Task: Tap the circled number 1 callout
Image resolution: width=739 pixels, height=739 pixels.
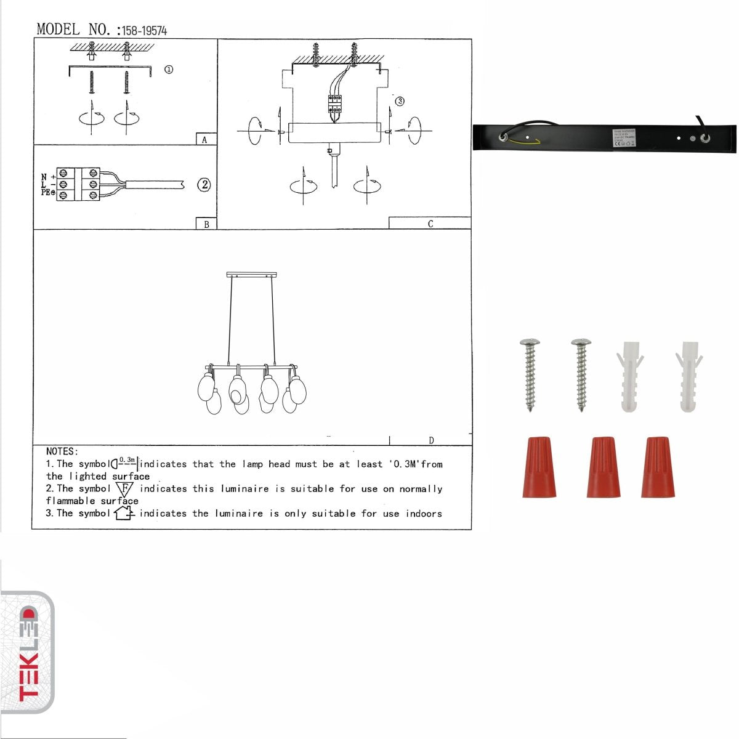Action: click(168, 70)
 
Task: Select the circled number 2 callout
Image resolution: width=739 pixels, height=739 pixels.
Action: click(204, 185)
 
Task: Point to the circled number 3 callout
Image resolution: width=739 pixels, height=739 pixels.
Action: click(400, 101)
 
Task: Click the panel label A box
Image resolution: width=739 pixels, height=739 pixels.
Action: click(206, 140)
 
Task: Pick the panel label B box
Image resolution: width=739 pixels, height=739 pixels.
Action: click(206, 224)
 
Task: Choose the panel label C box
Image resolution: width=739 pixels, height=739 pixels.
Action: click(430, 224)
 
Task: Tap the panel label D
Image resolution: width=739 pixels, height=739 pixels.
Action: click(431, 440)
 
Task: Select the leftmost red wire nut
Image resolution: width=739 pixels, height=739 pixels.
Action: click(539, 467)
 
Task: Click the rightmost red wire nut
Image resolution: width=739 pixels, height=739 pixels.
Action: click(657, 467)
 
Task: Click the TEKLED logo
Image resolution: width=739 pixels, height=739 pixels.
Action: click(28, 653)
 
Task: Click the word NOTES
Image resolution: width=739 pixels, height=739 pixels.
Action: click(62, 451)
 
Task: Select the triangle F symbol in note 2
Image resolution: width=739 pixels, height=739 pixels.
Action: click(124, 490)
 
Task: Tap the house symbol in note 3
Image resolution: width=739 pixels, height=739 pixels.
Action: click(124, 512)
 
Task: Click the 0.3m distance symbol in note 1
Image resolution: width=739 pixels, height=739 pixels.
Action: click(125, 463)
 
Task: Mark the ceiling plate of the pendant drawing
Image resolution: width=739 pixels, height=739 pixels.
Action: click(252, 274)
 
